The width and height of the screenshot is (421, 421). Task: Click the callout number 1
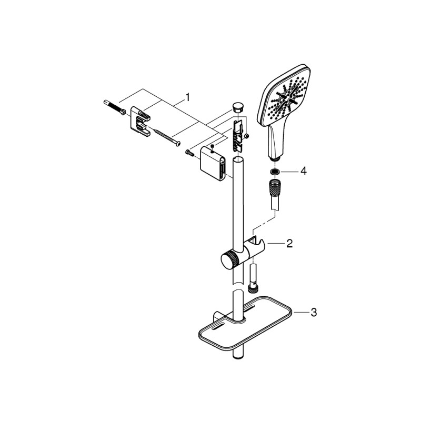187,97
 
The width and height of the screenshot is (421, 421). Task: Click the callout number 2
288,244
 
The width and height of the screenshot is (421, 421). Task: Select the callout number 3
314,313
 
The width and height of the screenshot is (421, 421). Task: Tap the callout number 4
303,172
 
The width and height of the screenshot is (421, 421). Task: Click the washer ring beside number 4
274,172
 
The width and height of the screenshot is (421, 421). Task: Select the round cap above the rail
237,107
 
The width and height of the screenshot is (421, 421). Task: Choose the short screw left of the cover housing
189,153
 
